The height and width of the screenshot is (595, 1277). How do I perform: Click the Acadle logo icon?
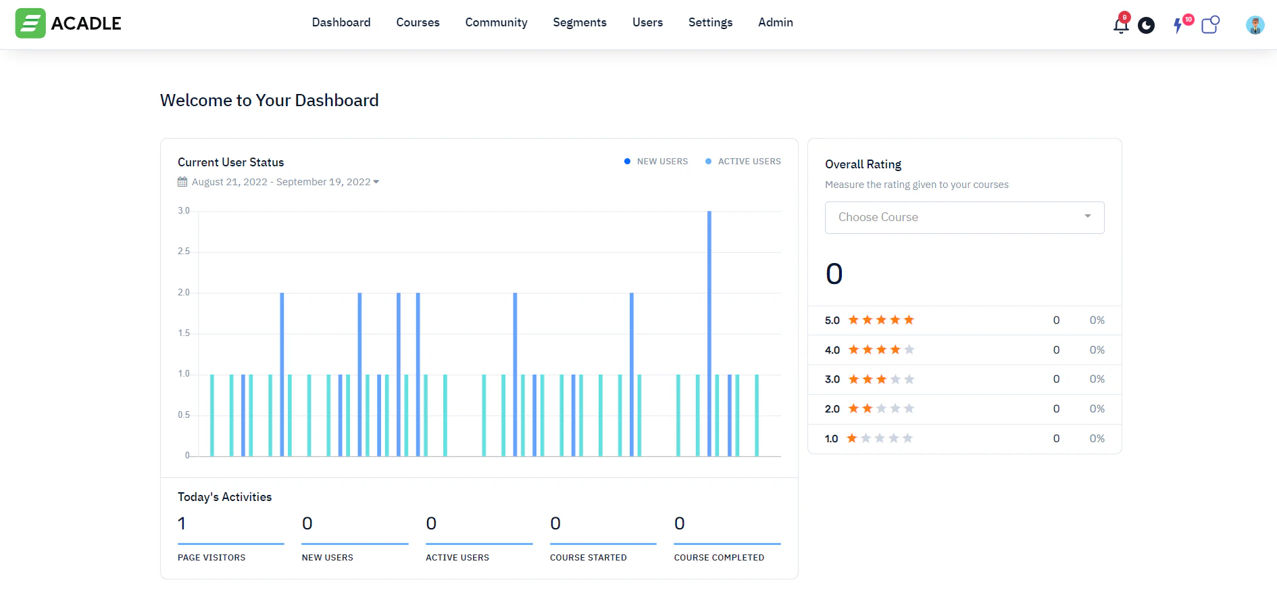point(30,23)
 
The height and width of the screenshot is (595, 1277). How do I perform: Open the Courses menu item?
point(418,22)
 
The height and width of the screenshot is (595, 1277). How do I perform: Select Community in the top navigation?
point(496,22)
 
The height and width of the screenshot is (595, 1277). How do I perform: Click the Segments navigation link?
point(579,22)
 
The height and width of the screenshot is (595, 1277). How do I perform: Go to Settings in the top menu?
point(710,22)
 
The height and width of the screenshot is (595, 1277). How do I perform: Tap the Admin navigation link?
point(775,22)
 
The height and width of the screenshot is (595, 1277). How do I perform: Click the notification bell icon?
point(1120,26)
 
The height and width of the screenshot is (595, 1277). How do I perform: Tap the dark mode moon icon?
point(1146,26)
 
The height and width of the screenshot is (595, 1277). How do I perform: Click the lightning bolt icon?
point(1178,26)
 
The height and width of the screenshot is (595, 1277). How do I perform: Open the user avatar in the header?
point(1255,25)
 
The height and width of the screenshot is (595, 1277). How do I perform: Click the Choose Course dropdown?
point(964,217)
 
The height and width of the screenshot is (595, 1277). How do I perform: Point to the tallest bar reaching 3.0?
point(709,331)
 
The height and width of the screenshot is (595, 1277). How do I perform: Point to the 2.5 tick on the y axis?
point(184,252)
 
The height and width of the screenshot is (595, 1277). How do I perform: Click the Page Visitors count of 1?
point(182,523)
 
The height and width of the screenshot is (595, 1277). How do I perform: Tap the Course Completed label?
point(719,558)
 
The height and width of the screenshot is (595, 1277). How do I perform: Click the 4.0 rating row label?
point(832,350)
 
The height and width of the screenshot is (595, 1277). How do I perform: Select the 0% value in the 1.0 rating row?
point(1097,439)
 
